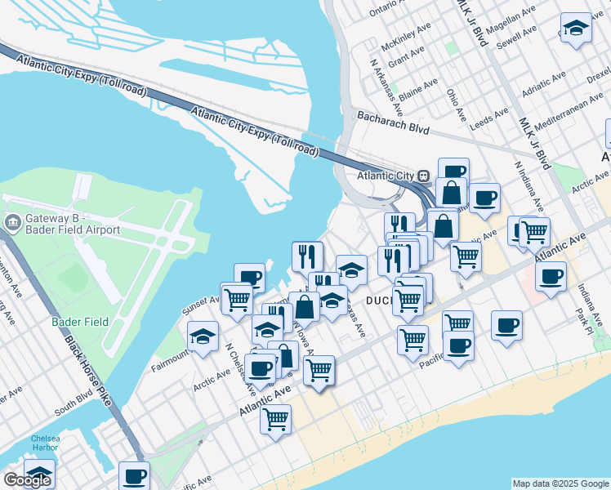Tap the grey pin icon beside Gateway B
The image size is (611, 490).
click(x=13, y=222)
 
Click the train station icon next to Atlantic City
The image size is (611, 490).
click(x=424, y=176)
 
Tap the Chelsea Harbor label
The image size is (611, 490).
click(x=45, y=443)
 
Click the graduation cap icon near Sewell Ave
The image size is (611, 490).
click(x=575, y=29)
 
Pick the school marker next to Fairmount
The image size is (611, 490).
click(x=203, y=335)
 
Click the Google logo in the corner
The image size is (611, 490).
click(x=27, y=480)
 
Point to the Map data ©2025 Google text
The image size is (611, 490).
click(x=560, y=483)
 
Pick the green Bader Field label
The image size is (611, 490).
click(x=75, y=322)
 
